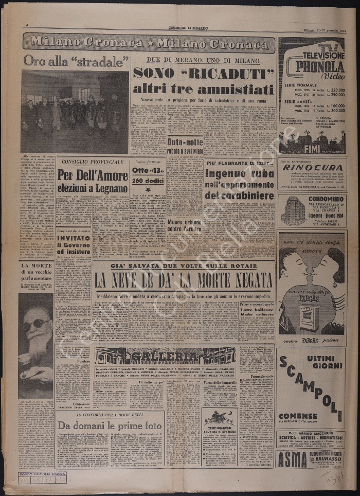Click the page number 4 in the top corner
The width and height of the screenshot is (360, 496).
click(x=27, y=25)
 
